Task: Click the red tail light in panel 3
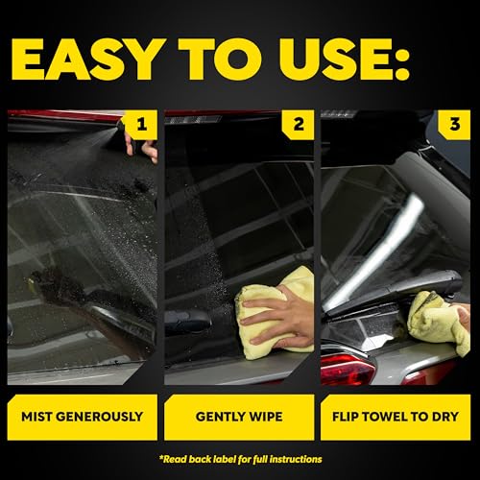pyautogui.click(x=348, y=369)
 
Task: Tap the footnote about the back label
pyautogui.click(x=240, y=459)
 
